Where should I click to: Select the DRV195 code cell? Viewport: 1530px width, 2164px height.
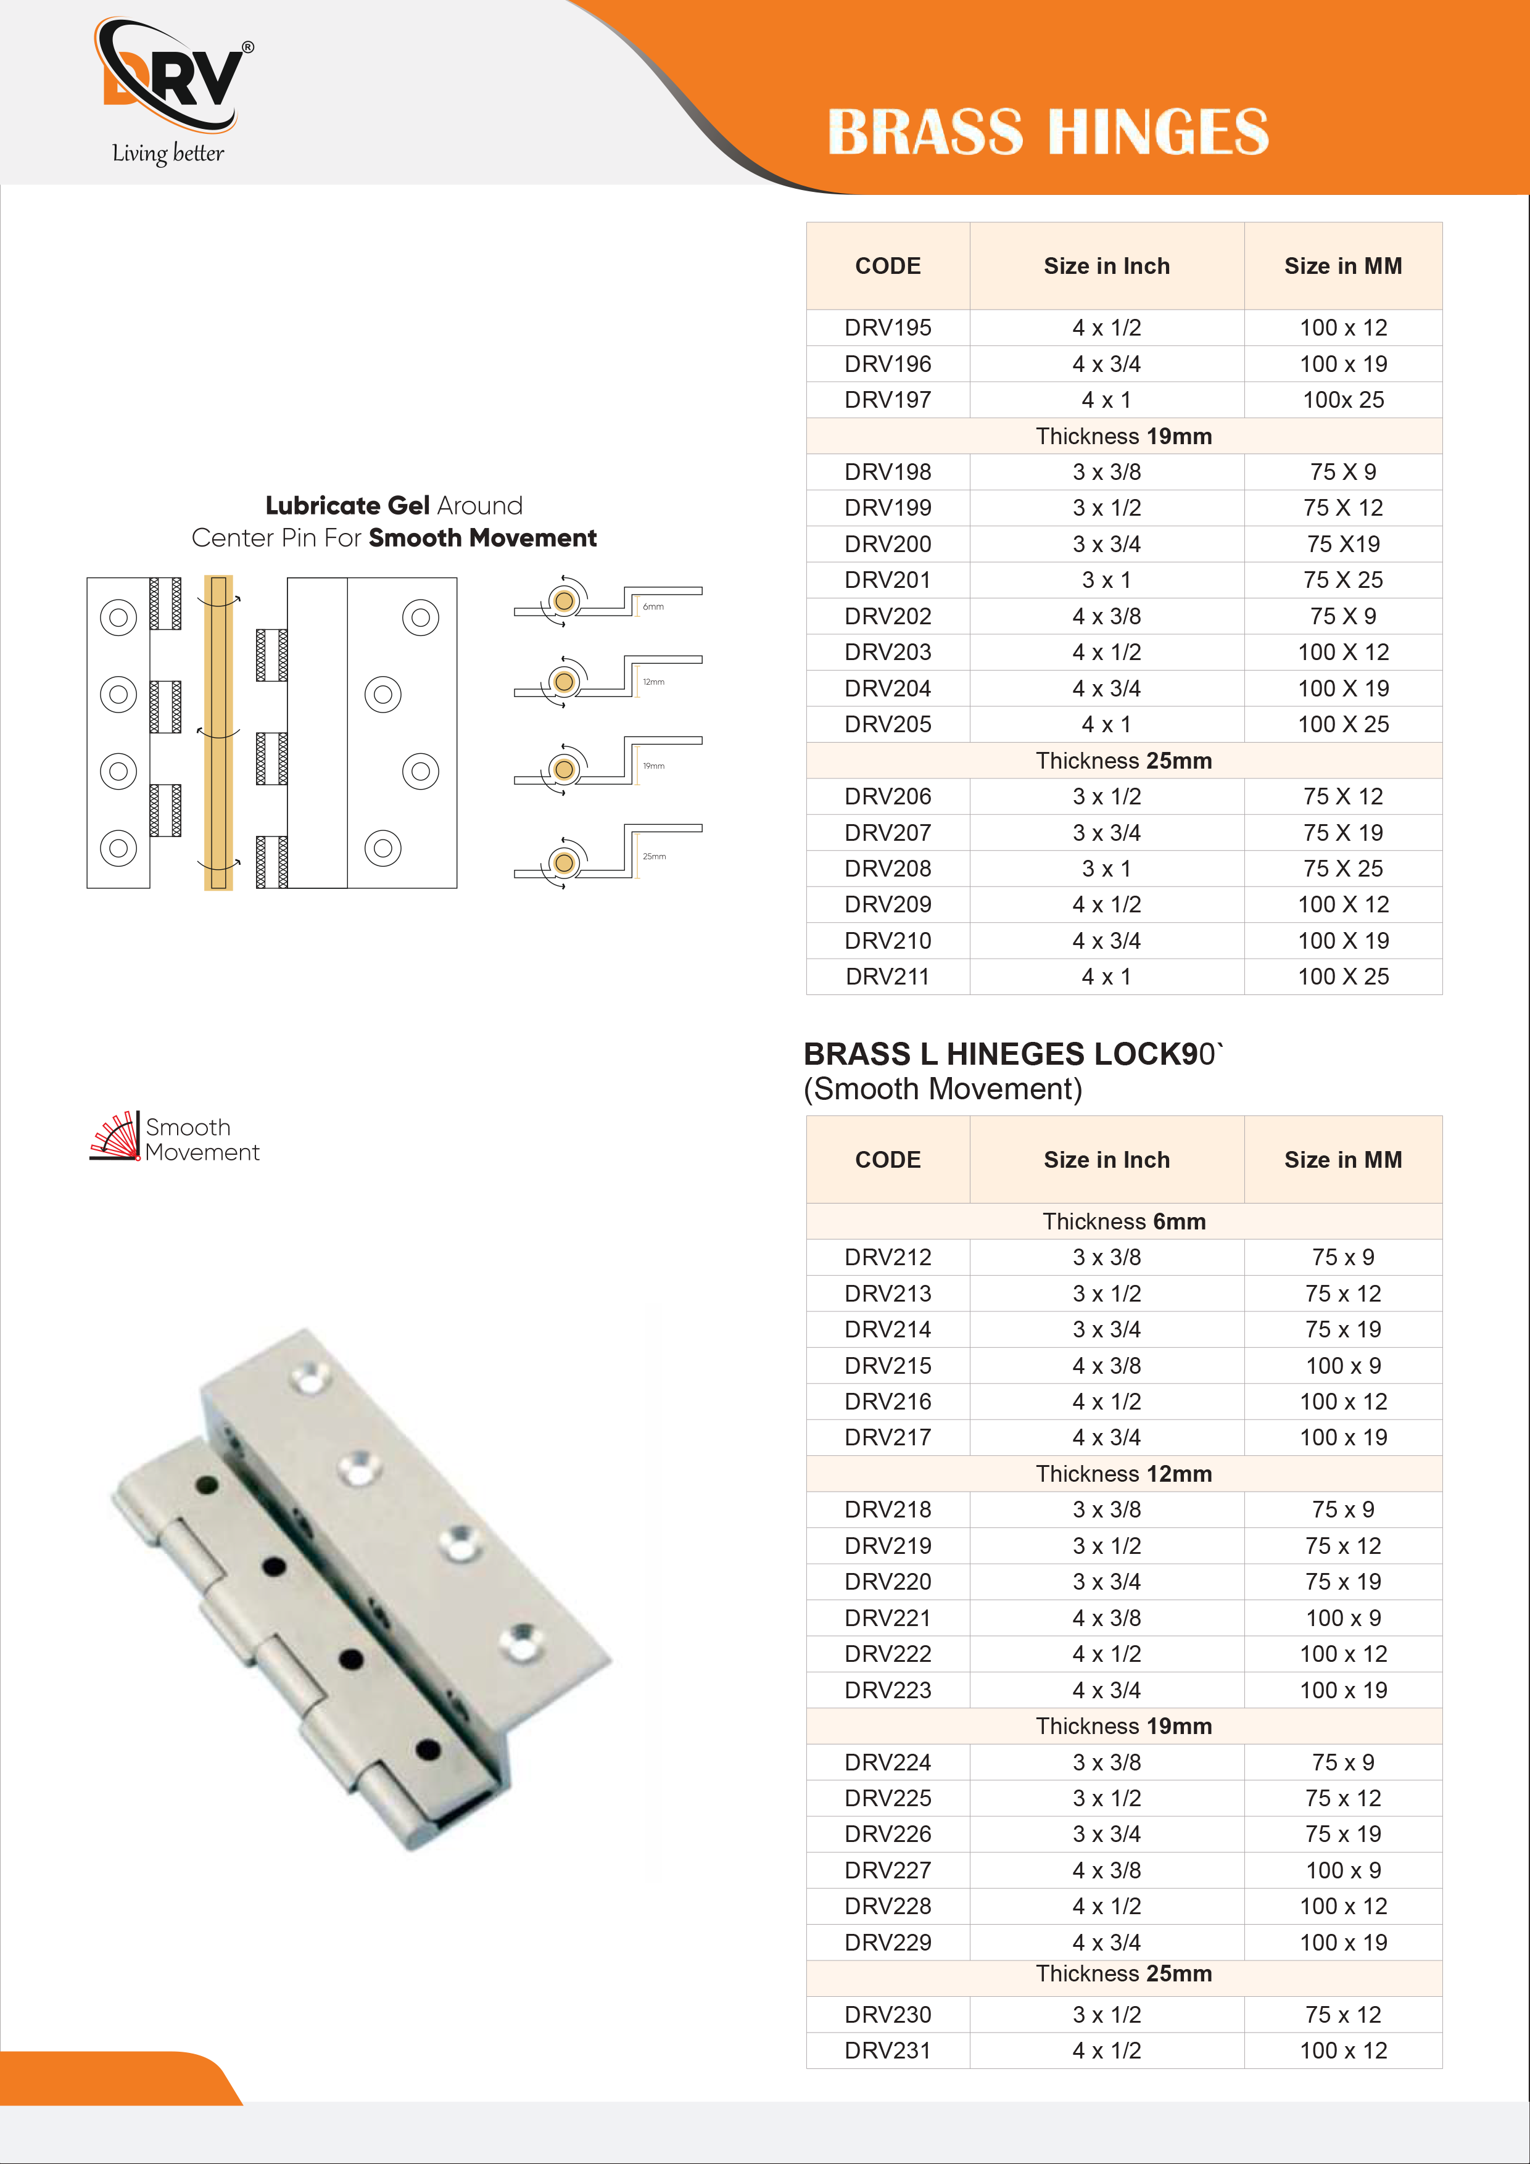click(887, 328)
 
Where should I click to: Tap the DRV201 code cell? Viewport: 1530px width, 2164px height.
click(887, 580)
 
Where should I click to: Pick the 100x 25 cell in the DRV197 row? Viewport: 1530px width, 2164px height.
click(1342, 400)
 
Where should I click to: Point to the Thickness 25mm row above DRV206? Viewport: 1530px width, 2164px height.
click(1123, 761)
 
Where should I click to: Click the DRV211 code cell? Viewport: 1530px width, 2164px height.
click(887, 977)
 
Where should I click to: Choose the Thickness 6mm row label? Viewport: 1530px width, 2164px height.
click(1123, 1221)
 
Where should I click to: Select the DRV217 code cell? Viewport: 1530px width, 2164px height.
click(887, 1437)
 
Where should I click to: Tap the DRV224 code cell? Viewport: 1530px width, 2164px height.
click(887, 1762)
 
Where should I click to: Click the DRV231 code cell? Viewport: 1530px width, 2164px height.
click(887, 2051)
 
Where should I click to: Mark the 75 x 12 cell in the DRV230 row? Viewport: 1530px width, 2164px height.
click(1342, 2015)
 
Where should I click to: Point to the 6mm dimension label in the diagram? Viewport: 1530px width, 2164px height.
click(653, 607)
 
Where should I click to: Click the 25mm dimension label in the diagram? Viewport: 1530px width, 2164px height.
click(654, 857)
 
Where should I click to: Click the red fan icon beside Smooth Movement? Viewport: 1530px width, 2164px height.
click(115, 1137)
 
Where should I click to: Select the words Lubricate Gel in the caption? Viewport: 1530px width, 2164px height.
click(347, 506)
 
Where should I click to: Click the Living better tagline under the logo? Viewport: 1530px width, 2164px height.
click(168, 154)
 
